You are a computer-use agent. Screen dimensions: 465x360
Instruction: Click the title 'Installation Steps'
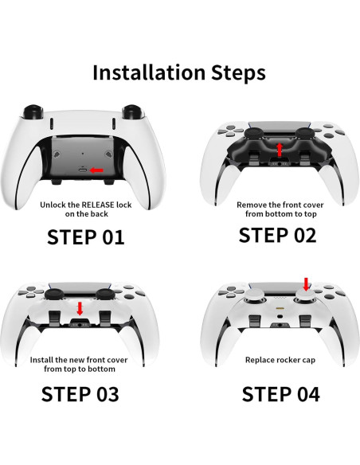179,72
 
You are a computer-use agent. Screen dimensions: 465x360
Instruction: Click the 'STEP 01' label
85,236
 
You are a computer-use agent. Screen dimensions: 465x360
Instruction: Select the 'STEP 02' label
277,235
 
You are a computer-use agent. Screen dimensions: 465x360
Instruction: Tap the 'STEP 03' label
80,394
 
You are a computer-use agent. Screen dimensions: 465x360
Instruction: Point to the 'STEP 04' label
280,394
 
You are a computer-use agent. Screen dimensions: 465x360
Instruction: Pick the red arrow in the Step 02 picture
278,150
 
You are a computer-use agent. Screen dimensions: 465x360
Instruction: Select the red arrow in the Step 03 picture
80,308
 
